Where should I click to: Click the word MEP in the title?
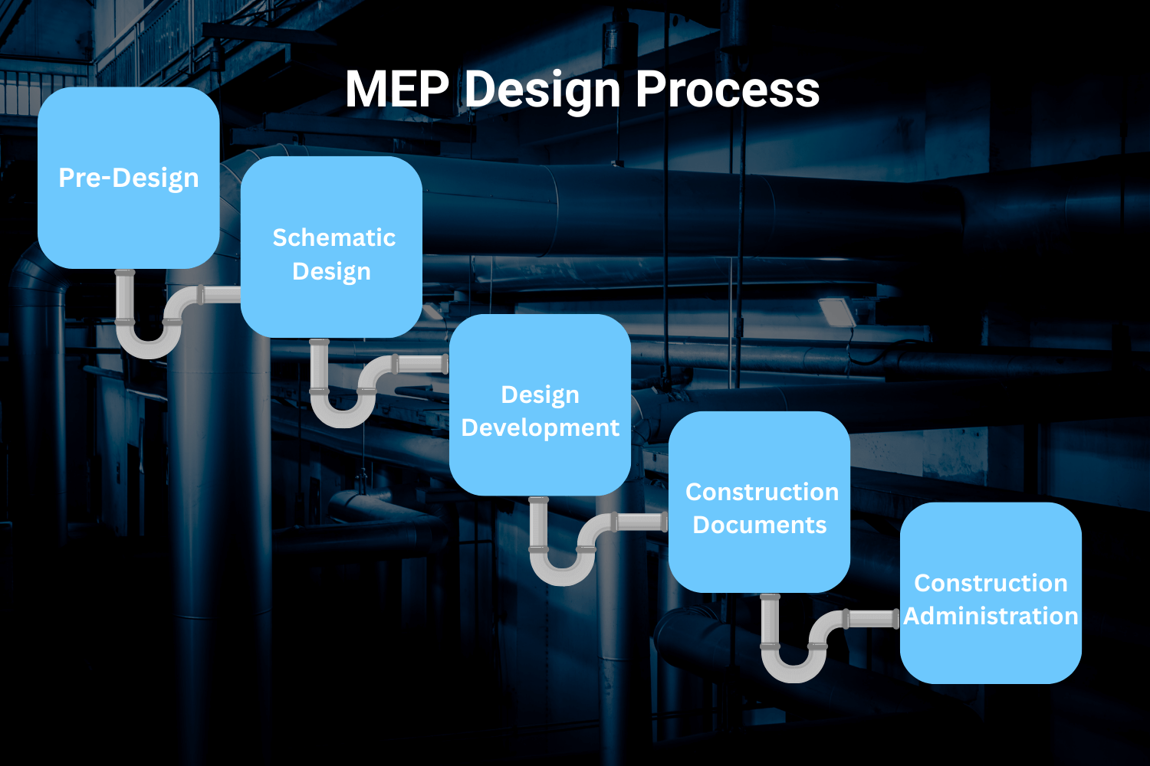click(396, 90)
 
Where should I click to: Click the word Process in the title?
click(727, 90)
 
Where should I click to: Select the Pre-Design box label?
click(129, 178)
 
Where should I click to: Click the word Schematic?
click(333, 237)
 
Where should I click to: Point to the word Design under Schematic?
click(331, 272)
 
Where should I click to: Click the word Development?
click(540, 427)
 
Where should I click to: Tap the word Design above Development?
click(540, 394)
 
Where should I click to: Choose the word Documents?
click(759, 525)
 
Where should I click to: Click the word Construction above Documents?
click(761, 492)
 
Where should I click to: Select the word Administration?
click(991, 616)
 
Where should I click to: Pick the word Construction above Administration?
click(991, 583)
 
